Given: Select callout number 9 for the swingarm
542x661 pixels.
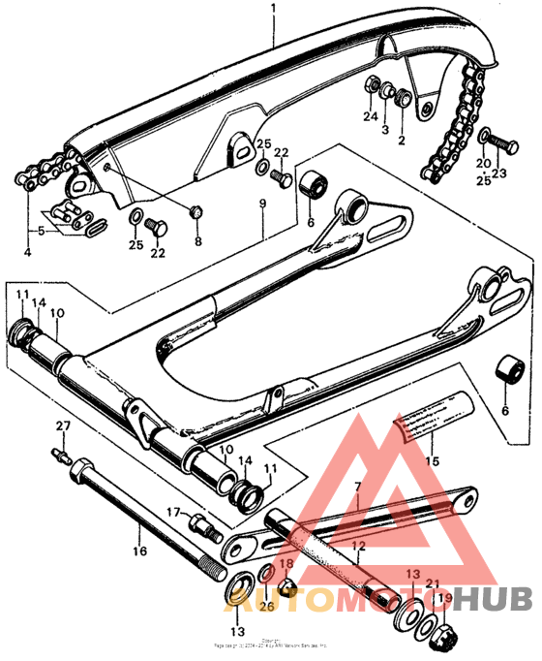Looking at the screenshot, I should coord(260,204).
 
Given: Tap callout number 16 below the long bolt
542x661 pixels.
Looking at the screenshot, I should coord(139,551).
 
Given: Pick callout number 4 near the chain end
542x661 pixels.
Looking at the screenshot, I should coord(27,253).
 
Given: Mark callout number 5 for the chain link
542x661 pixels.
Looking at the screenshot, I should coord(41,232).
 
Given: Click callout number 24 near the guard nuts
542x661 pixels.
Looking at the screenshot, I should coord(369,118).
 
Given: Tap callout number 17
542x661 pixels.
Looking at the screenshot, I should coord(174,511).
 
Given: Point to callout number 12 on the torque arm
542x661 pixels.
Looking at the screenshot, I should coord(357,547).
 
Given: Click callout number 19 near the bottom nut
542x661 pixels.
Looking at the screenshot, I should coord(445,599).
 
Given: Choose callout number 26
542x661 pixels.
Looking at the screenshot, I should coord(267,608).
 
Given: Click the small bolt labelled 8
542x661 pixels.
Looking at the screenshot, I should coord(196,211).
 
